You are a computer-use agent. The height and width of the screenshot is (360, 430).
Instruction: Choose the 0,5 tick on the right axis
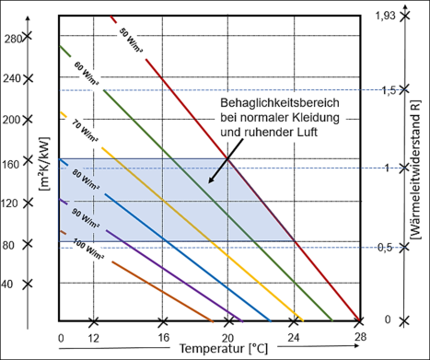pyautogui.click(x=391, y=247)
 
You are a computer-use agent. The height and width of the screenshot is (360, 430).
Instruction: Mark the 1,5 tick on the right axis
pyautogui.click(x=391, y=89)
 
